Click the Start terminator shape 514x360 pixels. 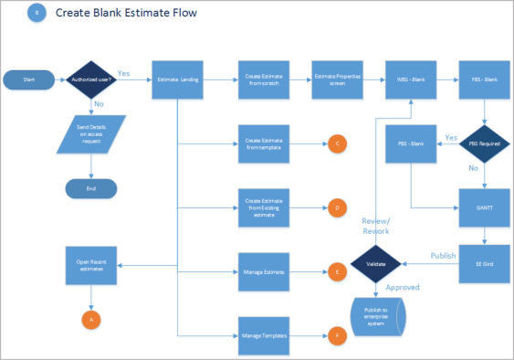27,80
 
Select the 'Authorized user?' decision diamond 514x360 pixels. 90,80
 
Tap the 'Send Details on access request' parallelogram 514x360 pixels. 90,133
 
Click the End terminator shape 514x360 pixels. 90,188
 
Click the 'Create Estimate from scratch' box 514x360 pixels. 264,80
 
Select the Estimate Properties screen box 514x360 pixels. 335,80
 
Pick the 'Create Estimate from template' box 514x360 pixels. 264,143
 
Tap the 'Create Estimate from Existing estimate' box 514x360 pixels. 264,208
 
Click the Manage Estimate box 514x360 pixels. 264,271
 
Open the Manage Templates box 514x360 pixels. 264,336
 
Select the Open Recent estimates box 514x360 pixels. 90,266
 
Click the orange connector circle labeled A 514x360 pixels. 90,319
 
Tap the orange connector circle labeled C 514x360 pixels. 337,143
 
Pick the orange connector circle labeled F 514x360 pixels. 337,336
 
